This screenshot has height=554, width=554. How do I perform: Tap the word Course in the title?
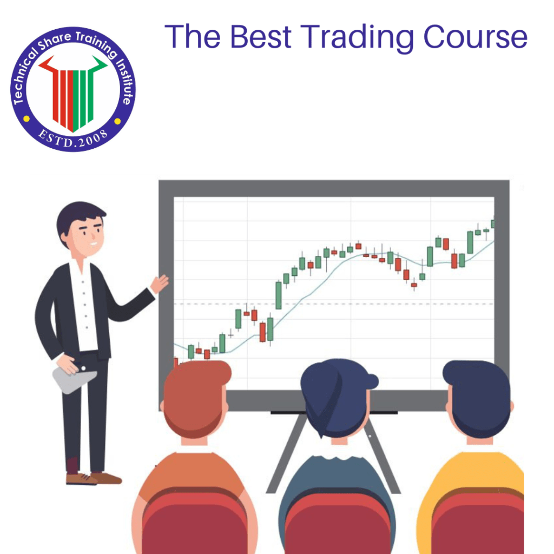point(475,36)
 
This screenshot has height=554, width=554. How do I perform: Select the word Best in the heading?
point(265,36)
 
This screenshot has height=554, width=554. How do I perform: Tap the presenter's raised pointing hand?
point(160,282)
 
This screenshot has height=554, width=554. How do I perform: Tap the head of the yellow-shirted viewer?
point(477,398)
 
